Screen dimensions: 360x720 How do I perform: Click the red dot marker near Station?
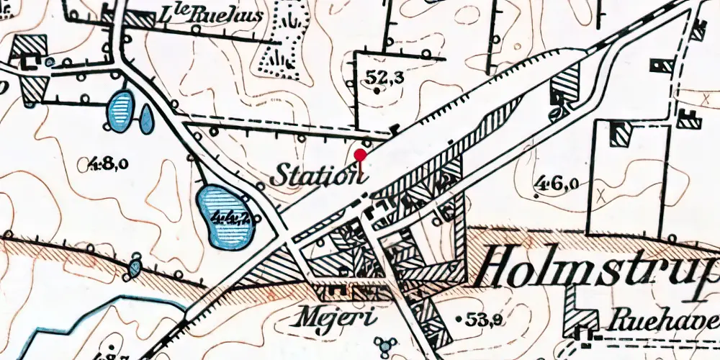point(361,153)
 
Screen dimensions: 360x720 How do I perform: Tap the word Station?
point(315,175)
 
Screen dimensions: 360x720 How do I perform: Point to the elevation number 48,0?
point(109,164)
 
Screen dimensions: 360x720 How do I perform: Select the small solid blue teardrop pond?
point(146,120)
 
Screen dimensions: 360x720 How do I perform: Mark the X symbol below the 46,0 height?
point(600,194)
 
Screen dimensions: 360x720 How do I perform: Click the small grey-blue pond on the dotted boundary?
point(135,269)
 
